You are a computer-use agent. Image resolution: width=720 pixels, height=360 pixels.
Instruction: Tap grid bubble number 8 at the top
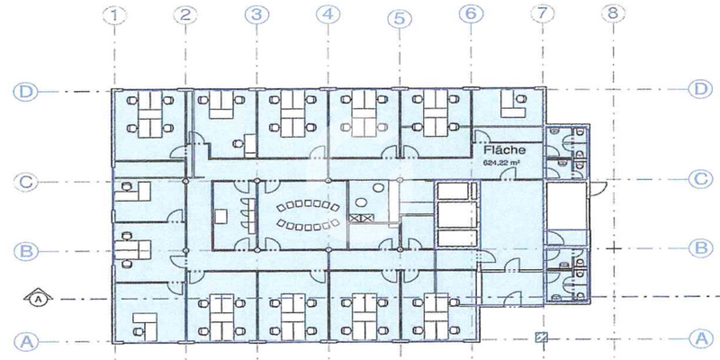coord(613,14)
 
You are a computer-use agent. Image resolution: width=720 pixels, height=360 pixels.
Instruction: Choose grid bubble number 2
coord(185,14)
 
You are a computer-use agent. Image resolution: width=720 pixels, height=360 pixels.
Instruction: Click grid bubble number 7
coord(541,14)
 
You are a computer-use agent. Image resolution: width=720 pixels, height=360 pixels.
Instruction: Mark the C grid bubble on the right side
coord(700,179)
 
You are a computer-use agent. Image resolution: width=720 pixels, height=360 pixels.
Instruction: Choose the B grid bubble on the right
coord(700,246)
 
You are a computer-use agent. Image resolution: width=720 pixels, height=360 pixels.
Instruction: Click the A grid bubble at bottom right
coord(700,339)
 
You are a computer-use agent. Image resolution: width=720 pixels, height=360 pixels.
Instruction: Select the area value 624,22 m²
coord(505,163)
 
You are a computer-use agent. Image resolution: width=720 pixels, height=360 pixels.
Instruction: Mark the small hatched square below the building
coord(541,338)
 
